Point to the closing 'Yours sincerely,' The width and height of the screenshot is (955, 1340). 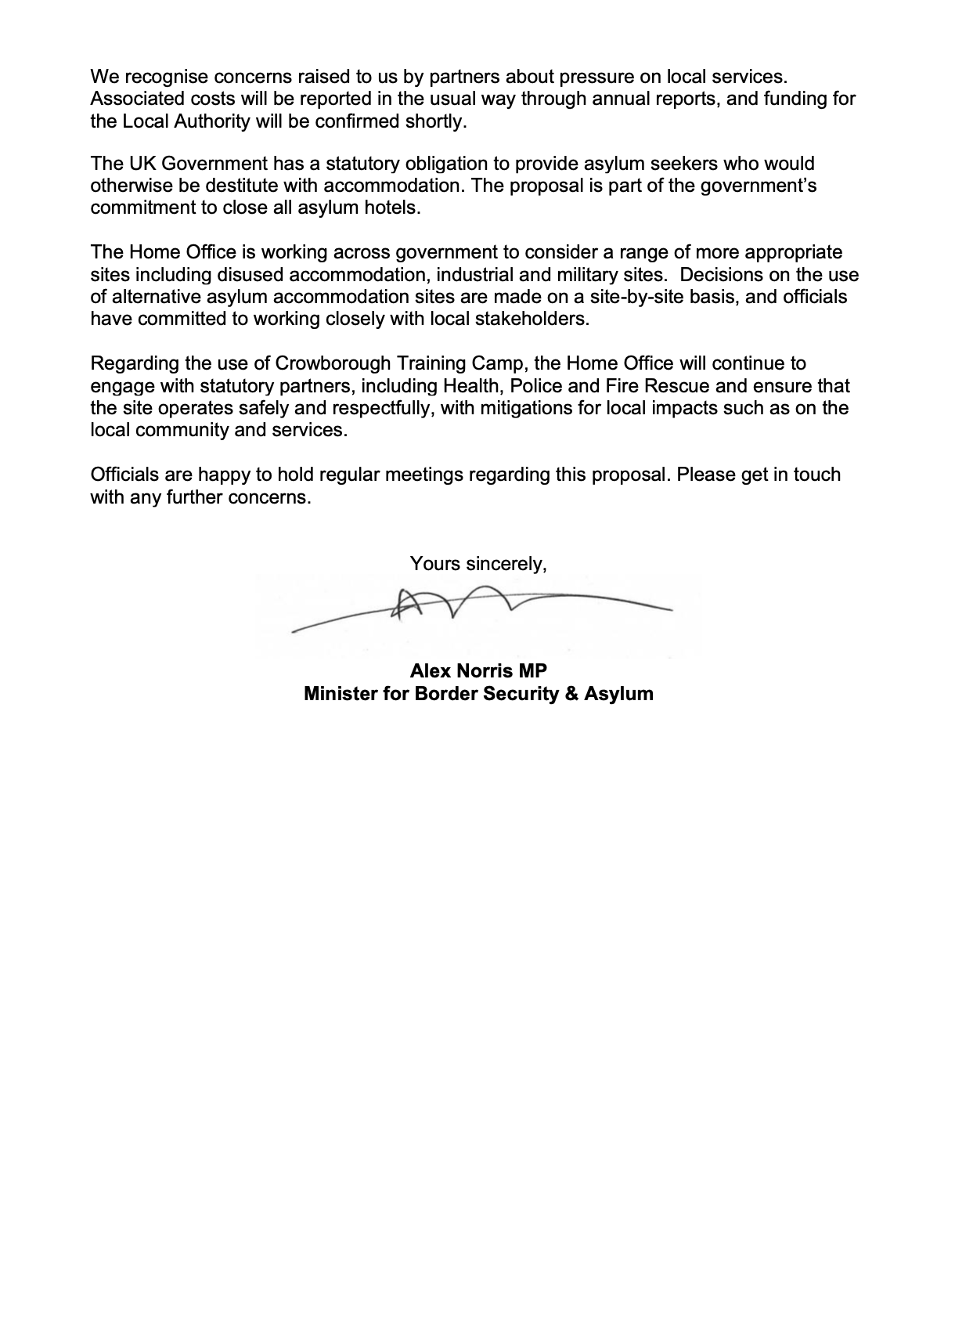pyautogui.click(x=477, y=563)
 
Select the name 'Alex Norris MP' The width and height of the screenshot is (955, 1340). pyautogui.click(x=478, y=671)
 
